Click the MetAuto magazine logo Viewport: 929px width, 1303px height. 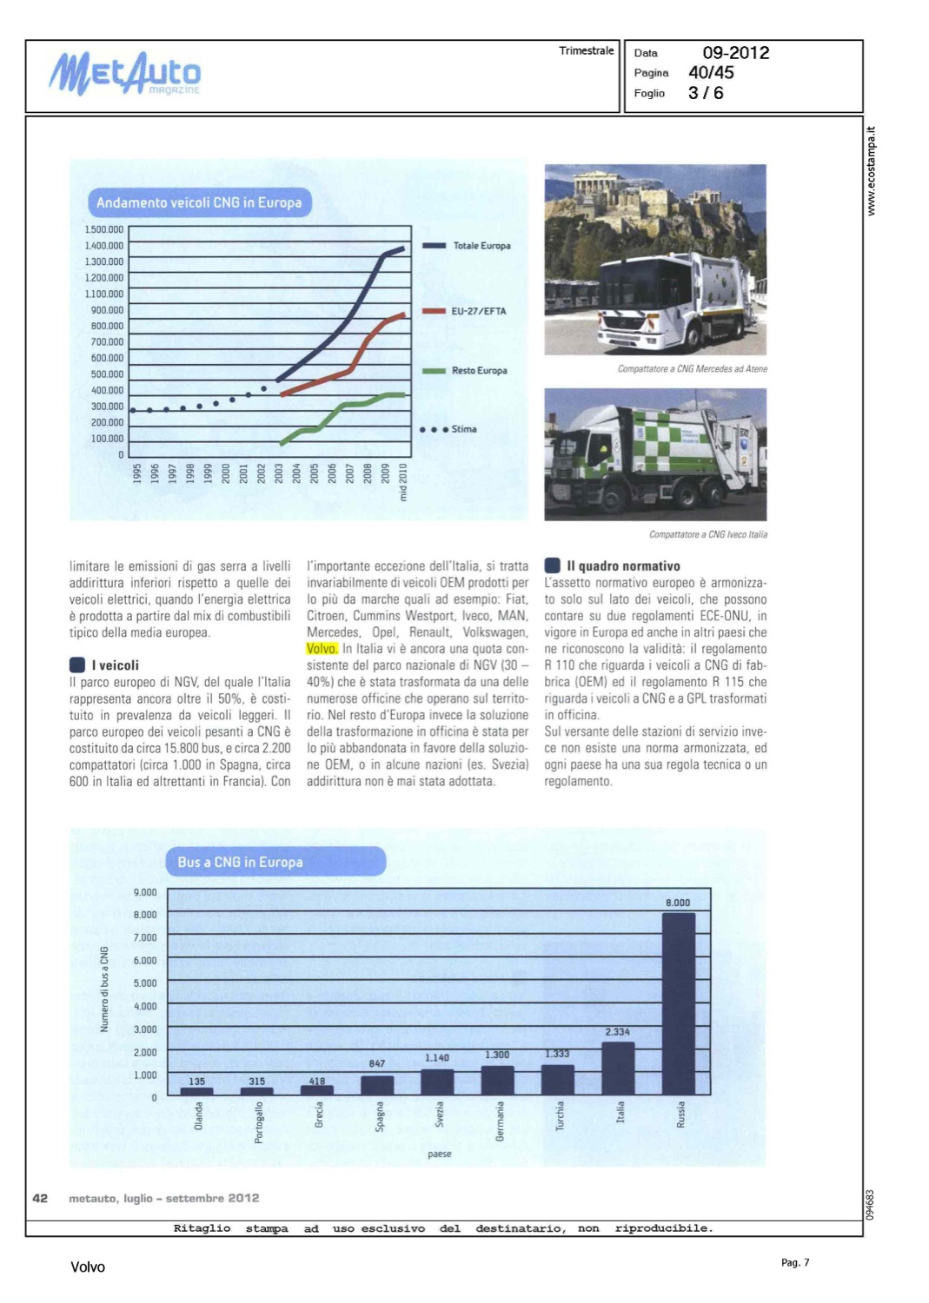[124, 74]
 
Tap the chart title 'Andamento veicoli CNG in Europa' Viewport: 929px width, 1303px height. [199, 202]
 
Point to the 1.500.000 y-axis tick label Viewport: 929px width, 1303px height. [104, 229]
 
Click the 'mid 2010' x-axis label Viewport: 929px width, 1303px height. [402, 482]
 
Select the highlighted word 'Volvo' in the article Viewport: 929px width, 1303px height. [322, 649]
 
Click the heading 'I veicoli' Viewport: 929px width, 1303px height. [115, 665]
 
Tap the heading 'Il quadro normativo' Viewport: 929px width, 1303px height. [623, 566]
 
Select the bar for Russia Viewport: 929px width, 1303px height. [678, 1003]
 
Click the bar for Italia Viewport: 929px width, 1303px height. [618, 1068]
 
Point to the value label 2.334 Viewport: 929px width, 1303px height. [617, 1032]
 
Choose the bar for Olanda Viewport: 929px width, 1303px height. [197, 1091]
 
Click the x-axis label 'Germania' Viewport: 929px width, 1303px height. [500, 1121]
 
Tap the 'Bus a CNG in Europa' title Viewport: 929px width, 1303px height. [240, 862]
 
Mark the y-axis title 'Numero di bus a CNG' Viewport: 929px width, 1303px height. [104, 989]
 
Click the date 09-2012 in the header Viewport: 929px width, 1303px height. [735, 53]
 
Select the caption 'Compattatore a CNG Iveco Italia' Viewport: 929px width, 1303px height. [707, 535]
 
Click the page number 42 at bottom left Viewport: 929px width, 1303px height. [40, 1198]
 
